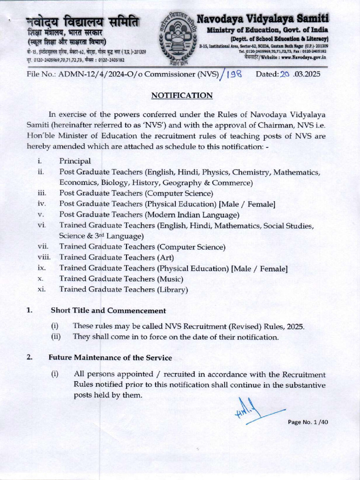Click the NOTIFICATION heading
tap(182, 96)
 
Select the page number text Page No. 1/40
tap(308, 422)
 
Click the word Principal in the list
tap(75, 161)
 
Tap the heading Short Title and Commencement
tap(108, 310)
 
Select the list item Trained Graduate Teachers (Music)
tap(121, 279)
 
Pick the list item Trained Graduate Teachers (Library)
tap(123, 290)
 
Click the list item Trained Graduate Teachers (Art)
tap(117, 257)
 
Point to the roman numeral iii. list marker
tap(42, 193)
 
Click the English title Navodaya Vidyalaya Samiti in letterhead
tap(262, 19)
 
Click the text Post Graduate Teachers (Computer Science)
tap(136, 193)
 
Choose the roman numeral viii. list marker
tap(44, 257)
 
